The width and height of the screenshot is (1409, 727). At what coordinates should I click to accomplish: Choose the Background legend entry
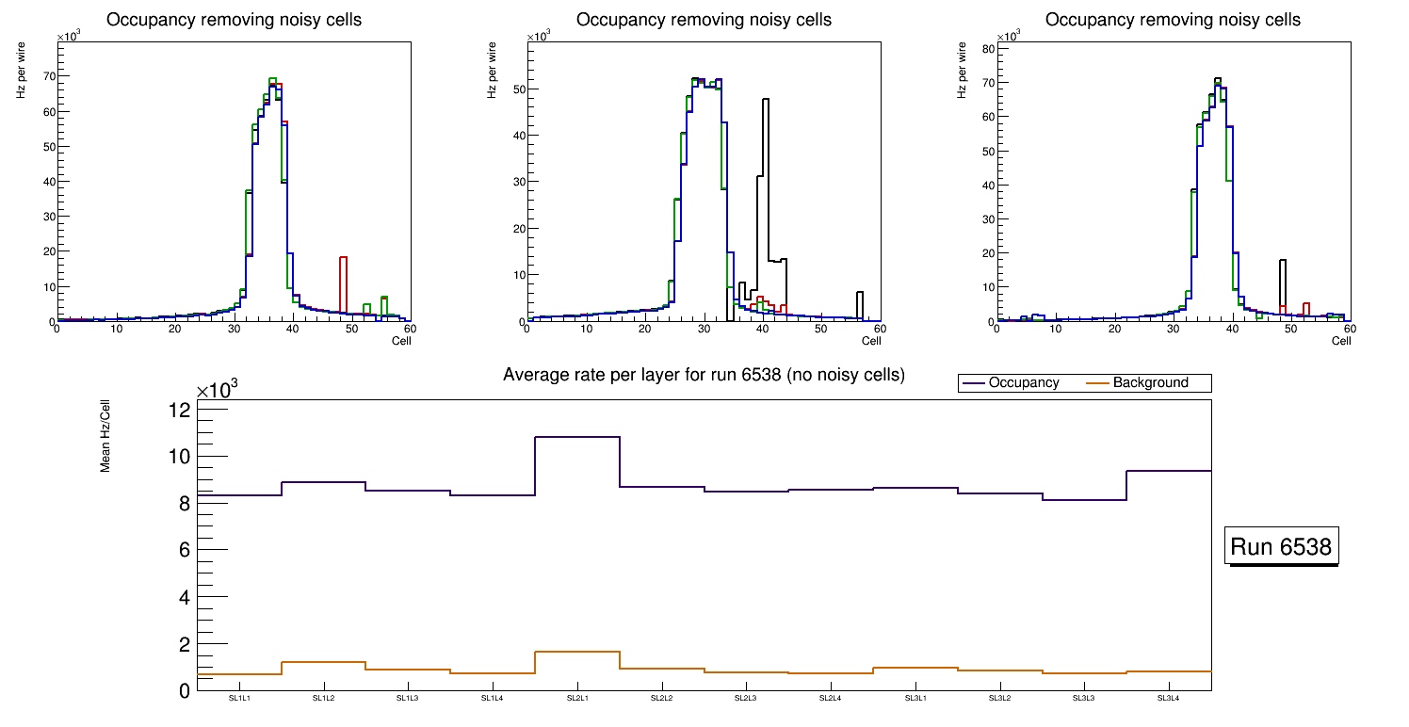[1150, 383]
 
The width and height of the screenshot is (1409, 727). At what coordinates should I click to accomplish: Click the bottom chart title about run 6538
[704, 375]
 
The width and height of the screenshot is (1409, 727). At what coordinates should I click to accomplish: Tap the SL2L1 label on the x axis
[577, 699]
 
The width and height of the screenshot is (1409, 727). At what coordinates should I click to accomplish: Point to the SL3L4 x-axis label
[1169, 699]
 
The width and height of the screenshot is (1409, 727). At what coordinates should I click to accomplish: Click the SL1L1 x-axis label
[239, 699]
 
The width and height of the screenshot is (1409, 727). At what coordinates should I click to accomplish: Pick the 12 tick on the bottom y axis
[180, 410]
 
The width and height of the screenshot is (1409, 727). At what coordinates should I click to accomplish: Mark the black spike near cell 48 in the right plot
[1282, 283]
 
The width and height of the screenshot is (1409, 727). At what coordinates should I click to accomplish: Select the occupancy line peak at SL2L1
[577, 437]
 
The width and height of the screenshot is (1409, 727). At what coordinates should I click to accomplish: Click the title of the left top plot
[234, 20]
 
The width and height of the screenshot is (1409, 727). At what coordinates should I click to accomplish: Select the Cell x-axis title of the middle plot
[870, 341]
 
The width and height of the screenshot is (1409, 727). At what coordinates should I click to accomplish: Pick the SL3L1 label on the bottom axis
[915, 699]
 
